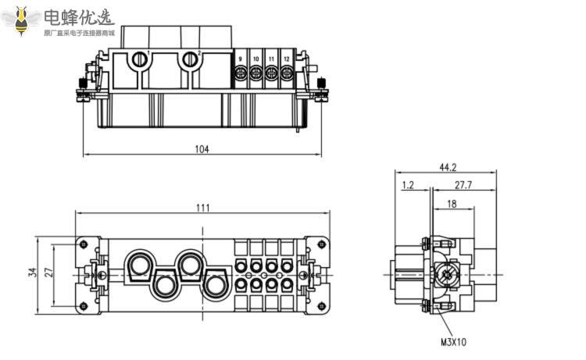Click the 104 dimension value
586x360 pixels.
pos(202,149)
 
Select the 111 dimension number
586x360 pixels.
pos(202,207)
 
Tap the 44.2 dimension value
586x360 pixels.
pos(447,166)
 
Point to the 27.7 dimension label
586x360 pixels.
pos(463,185)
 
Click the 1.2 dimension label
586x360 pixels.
pos(408,185)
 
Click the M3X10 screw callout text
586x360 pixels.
pos(454,342)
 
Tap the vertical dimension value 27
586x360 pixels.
pos(49,273)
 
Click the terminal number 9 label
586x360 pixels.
pos(240,59)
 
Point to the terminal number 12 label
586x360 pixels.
pos(286,59)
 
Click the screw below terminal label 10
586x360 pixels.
pos(255,74)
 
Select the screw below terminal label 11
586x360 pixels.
pos(271,74)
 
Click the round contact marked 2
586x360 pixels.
pos(188,59)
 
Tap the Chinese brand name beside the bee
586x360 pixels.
pos(78,16)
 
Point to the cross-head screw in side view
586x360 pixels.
pos(447,275)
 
